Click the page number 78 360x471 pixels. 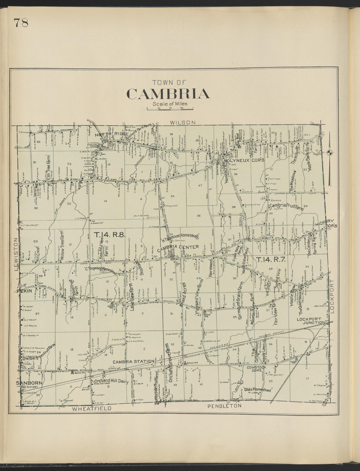coord(21,23)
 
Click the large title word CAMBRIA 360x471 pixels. coord(168,94)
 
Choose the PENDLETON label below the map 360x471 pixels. coord(225,406)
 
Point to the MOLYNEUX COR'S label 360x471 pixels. coord(243,161)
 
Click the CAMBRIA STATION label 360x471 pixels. coord(133,361)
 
